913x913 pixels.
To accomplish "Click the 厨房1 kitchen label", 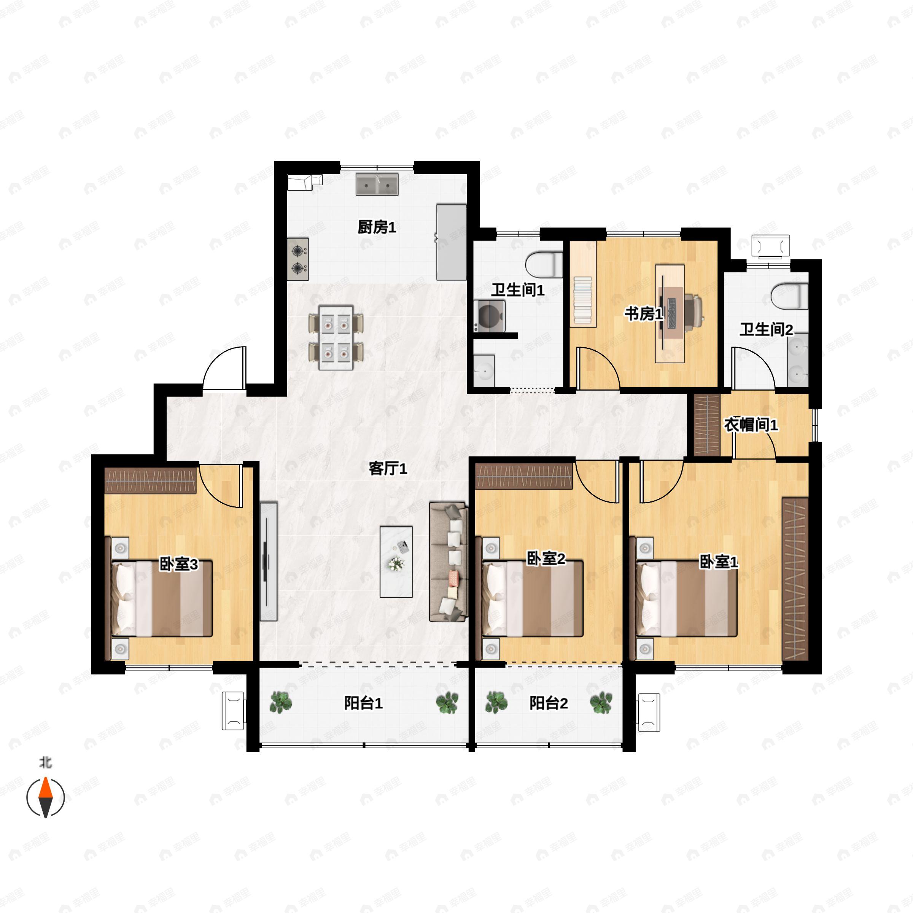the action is (377, 227).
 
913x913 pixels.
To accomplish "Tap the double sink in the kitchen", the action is (377, 184).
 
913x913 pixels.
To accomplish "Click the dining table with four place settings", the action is (336, 338).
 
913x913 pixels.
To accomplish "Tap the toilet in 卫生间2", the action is (789, 296).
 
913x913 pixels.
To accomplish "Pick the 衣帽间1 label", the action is (751, 425).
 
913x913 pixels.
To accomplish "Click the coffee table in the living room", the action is (396, 562).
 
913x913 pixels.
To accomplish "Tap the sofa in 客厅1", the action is (448, 562).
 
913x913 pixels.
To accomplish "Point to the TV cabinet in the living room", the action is (269, 561).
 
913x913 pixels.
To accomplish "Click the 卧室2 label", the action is (546, 558).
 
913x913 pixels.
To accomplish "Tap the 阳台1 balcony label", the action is (363, 703).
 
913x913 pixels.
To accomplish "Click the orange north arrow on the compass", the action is (45, 789).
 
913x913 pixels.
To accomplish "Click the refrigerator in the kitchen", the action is (451, 242).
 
